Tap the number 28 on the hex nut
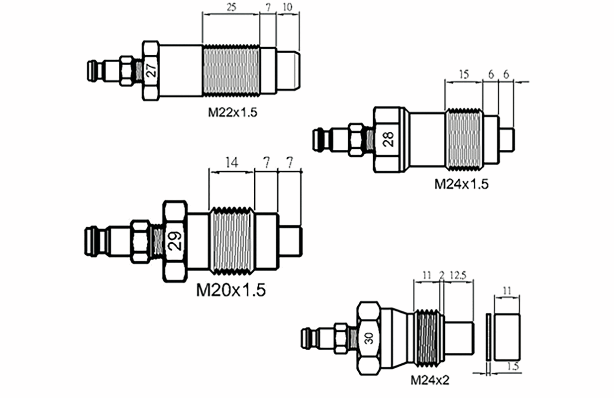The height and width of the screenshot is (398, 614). [389, 138]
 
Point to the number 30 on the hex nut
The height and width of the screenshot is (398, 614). [369, 339]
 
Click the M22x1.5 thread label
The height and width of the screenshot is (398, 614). [233, 113]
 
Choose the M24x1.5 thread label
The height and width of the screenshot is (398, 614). [462, 184]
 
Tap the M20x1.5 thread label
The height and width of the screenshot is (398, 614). [231, 290]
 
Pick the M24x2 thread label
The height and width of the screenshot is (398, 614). [430, 381]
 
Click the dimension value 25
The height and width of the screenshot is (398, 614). [230, 7]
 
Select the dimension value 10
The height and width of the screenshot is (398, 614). [287, 7]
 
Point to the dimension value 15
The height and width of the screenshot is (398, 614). [463, 75]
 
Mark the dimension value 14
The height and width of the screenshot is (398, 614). [231, 163]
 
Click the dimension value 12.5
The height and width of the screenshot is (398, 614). [457, 275]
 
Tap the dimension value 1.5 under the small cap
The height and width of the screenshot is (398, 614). [513, 366]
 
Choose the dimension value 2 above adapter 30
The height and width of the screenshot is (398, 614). [441, 275]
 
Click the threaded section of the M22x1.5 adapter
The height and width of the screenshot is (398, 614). [231, 70]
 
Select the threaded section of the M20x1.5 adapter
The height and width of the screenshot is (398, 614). [231, 240]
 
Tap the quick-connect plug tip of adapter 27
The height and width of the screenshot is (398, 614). [92, 70]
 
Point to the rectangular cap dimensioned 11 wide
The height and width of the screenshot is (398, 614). [508, 337]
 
